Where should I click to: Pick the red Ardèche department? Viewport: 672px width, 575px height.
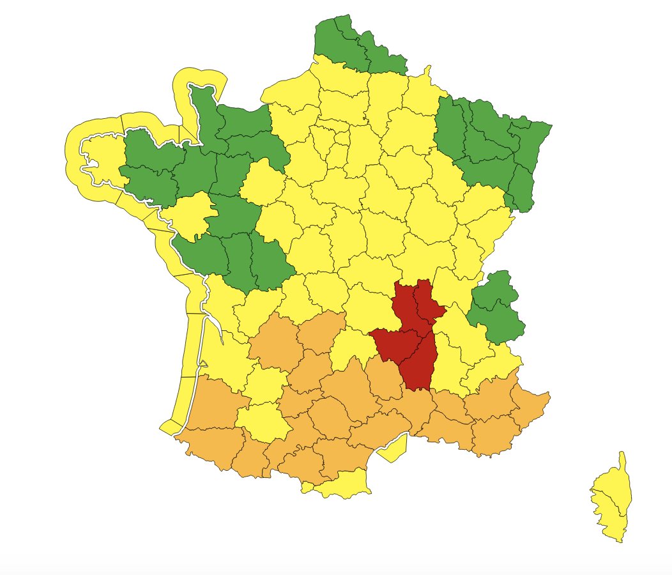pos(419,364)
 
